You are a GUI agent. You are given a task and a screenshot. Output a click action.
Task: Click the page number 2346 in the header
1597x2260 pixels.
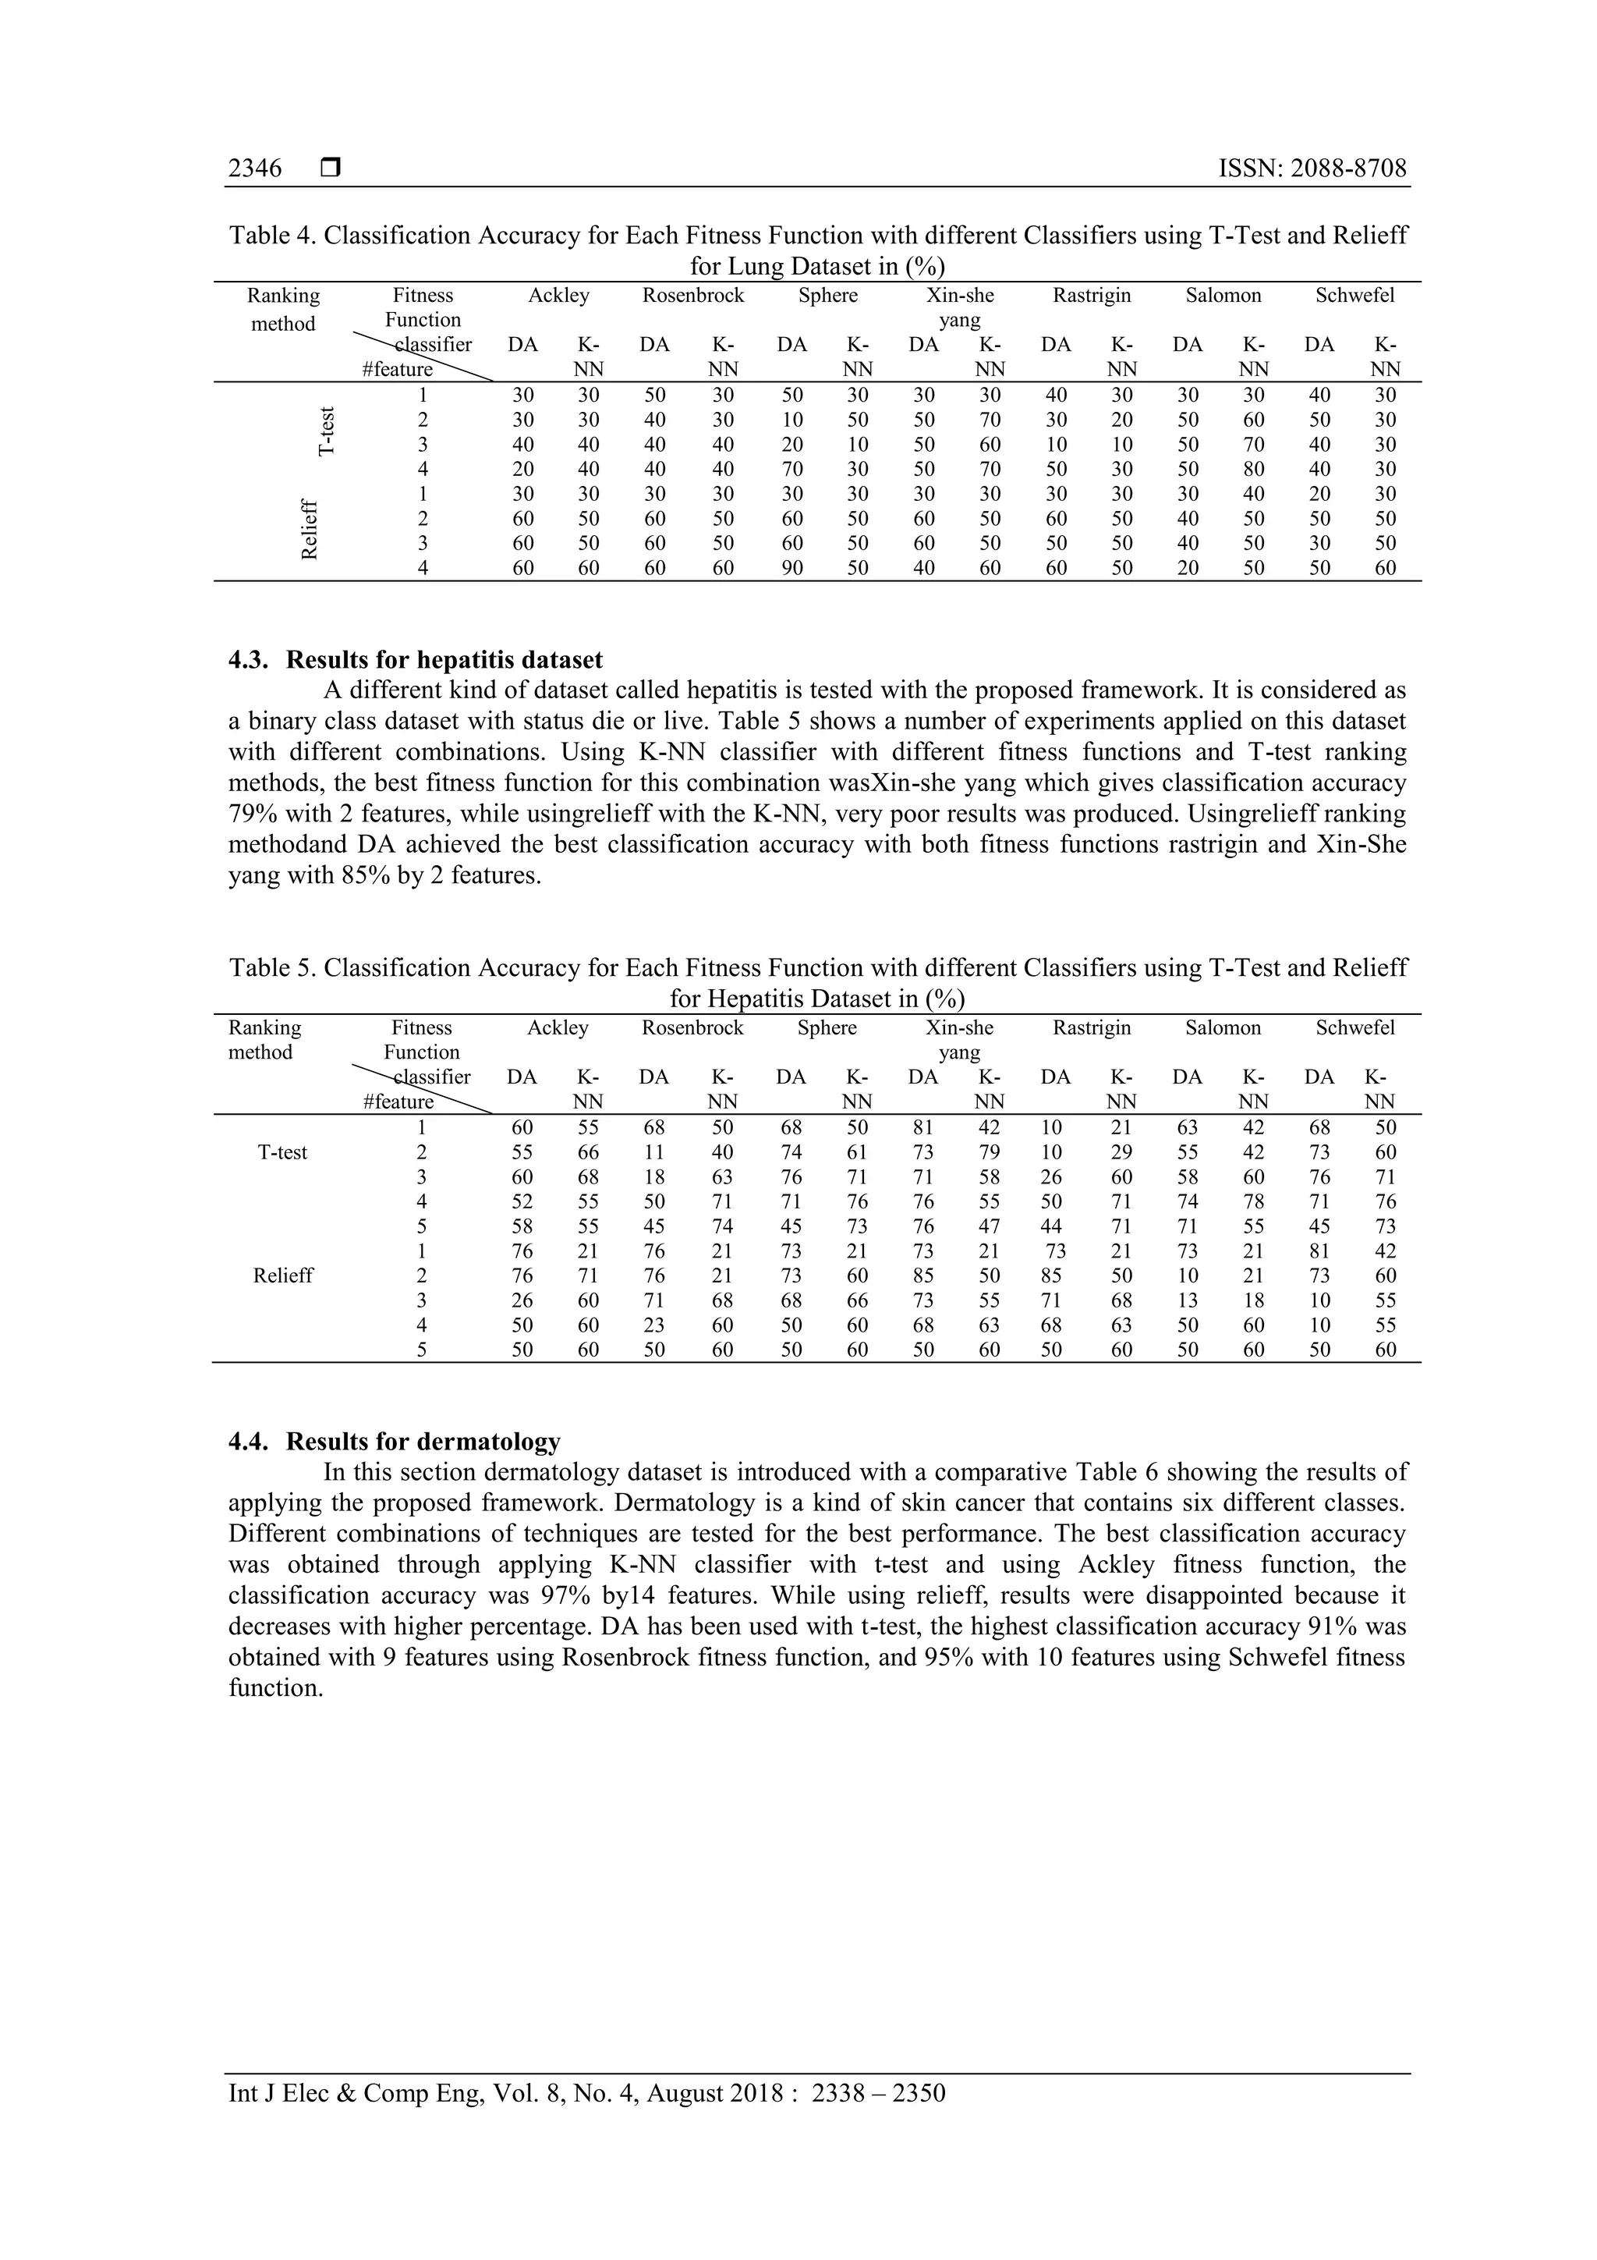255,169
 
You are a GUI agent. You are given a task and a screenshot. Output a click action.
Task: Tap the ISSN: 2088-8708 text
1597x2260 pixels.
1312,169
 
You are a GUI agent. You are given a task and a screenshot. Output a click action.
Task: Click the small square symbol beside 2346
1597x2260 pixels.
331,169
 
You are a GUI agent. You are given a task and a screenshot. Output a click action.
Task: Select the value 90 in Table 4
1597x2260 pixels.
791,568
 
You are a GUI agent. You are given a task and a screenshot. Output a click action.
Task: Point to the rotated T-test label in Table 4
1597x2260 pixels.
327,432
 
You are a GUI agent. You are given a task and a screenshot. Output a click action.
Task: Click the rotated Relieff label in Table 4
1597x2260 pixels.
310,530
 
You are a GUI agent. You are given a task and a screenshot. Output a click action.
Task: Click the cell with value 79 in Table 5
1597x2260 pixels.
989,1153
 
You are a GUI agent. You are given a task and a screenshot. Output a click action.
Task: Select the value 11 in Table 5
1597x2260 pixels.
653,1153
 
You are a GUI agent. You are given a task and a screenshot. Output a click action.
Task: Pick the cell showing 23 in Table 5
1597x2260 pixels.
653,1325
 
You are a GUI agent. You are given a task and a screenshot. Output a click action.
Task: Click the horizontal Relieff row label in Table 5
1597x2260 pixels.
282,1275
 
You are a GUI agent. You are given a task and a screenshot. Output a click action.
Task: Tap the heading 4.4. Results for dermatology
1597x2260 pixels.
394,1442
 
